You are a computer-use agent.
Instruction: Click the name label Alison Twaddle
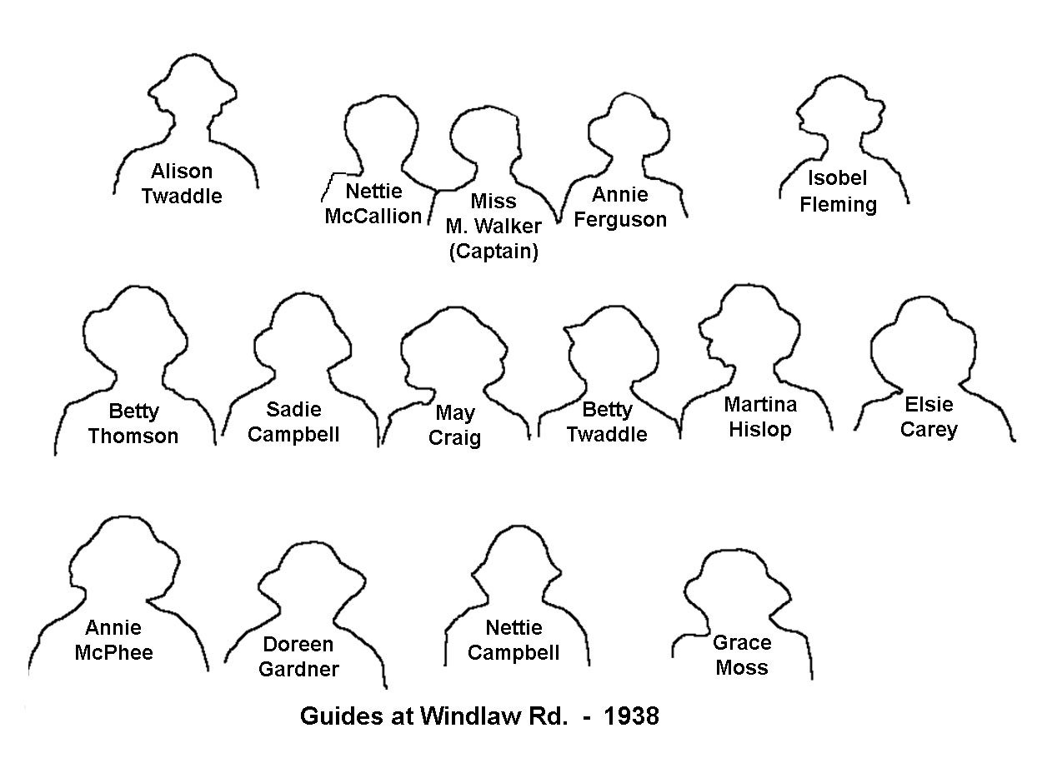(x=182, y=183)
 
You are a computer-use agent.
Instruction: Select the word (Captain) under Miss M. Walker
(x=493, y=252)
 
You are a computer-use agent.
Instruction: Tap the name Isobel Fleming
(x=838, y=192)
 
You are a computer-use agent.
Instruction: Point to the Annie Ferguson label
(x=620, y=207)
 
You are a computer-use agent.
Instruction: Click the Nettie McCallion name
(x=373, y=203)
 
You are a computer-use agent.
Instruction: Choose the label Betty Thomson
(x=133, y=424)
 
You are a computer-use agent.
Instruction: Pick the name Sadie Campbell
(x=293, y=422)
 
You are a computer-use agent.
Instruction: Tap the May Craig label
(x=455, y=426)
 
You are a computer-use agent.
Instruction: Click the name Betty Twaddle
(x=607, y=422)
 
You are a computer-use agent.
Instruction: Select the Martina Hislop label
(x=760, y=417)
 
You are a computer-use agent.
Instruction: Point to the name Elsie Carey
(x=929, y=417)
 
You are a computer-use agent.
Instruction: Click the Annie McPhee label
(x=114, y=641)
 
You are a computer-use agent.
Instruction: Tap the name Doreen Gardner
(x=298, y=657)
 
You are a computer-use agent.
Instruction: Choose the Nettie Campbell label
(x=513, y=641)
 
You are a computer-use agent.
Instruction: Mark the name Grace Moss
(x=742, y=656)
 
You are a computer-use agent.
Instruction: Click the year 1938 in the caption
(x=632, y=716)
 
